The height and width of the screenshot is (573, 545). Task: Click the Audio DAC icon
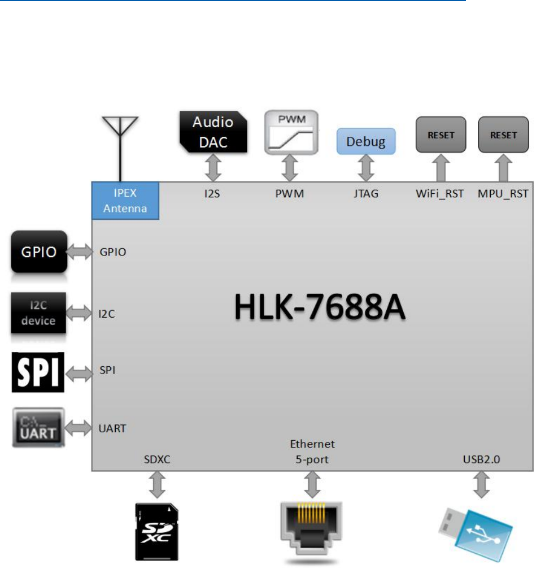213,132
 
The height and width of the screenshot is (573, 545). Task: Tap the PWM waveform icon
291,132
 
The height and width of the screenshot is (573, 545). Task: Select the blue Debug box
366,141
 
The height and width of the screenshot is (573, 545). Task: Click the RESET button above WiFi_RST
441,134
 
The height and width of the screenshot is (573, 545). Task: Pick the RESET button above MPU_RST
503,134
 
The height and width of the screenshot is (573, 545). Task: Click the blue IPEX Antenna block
125,201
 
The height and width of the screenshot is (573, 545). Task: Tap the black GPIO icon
39,252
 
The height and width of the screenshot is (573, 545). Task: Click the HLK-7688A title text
320,311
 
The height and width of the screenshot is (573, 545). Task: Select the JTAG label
366,194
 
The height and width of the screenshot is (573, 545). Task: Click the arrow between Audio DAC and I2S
212,168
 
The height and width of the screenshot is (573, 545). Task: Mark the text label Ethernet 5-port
312,452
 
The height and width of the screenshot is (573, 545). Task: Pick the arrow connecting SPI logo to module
79,372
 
